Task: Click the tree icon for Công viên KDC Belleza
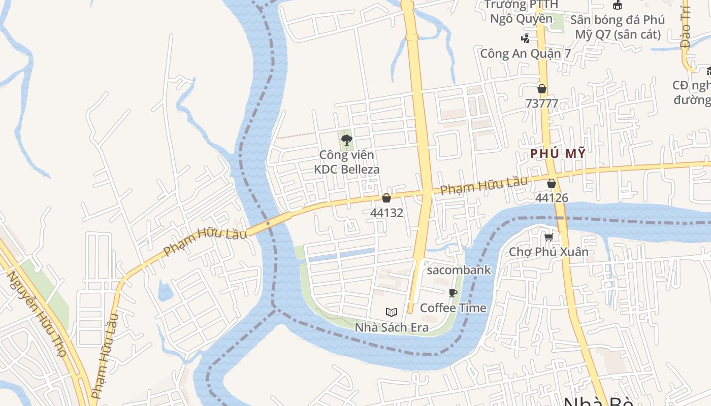point(347,140)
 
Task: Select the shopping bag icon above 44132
point(386,198)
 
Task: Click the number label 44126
point(552,198)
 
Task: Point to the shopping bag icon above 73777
point(542,89)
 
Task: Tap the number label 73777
point(542,104)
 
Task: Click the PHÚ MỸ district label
point(558,153)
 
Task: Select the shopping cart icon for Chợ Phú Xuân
point(548,237)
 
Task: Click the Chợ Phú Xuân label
point(548,252)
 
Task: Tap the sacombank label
point(459,270)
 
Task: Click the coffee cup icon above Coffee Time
point(453,293)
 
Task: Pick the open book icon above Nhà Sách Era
point(391,312)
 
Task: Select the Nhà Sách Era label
point(391,327)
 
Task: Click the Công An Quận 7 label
point(526,53)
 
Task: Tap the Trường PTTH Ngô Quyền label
point(521,12)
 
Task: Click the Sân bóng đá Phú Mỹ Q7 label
point(618,27)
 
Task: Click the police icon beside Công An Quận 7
point(526,38)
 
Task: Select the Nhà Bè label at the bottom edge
point(598,401)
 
